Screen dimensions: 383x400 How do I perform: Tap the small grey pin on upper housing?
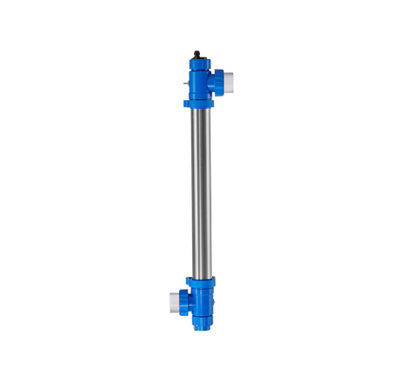tap(187, 84)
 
